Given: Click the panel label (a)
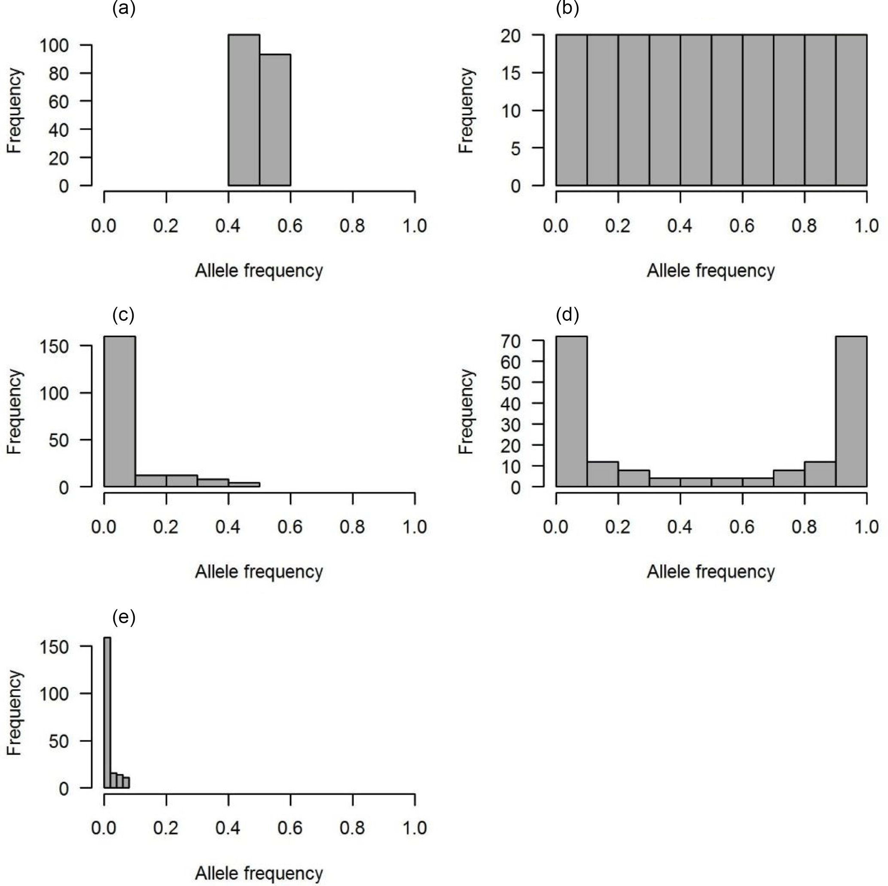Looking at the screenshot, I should (124, 8).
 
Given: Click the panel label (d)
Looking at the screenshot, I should (567, 315).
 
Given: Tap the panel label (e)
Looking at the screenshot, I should (124, 617).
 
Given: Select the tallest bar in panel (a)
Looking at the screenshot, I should (244, 110).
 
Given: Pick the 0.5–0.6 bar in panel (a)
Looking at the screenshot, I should (275, 120).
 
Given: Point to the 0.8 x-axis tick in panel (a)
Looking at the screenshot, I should (353, 225).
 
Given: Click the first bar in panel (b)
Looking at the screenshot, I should (572, 110).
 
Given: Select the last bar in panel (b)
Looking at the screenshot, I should (851, 110).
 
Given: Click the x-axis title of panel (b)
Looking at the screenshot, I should (711, 271).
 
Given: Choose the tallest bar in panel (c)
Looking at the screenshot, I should (120, 411).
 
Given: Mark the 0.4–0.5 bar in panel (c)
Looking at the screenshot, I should (244, 484).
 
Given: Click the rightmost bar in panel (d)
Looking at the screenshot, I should (851, 411).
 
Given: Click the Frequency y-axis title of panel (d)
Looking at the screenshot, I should (466, 411).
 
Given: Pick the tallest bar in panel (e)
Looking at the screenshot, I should (107, 712).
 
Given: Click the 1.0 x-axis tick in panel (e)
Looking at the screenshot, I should (415, 828).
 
